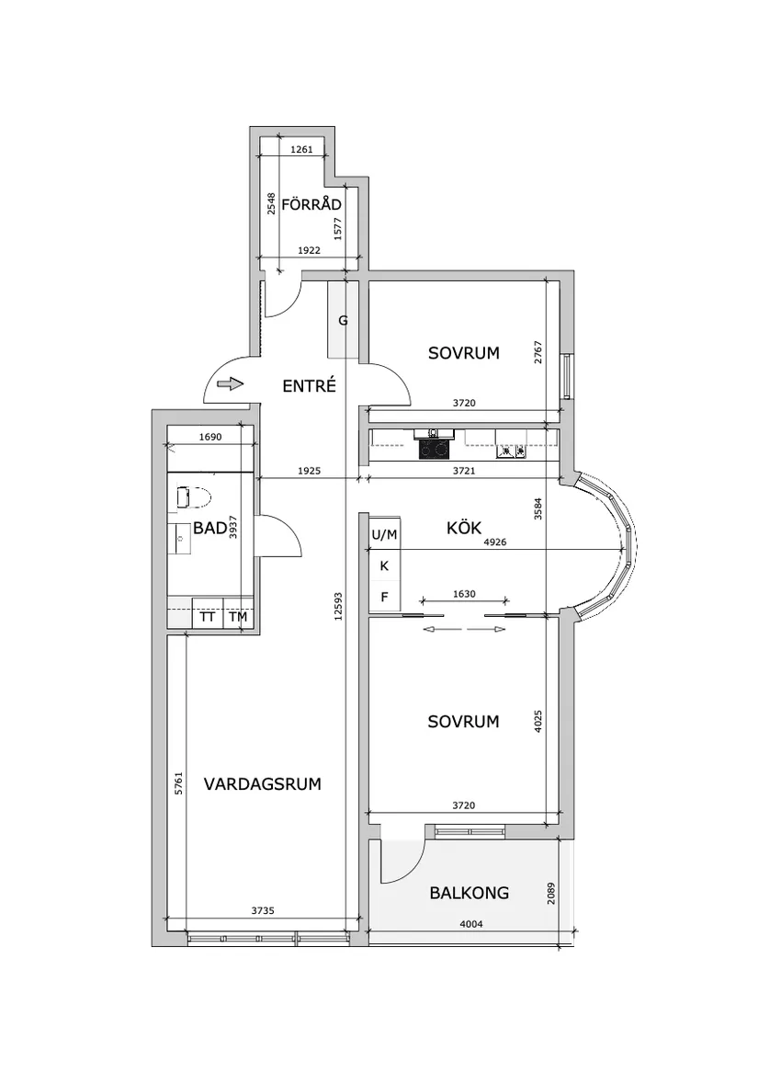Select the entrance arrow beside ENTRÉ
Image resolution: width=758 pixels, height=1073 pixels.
click(231, 383)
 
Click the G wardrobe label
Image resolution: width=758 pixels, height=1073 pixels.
click(343, 321)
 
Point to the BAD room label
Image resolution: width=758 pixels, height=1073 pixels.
click(209, 528)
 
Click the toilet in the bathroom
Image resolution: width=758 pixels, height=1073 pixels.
click(193, 497)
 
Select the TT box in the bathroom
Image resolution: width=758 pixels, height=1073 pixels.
click(208, 617)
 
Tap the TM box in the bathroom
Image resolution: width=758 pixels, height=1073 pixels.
click(238, 617)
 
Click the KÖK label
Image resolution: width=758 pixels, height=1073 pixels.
click(465, 528)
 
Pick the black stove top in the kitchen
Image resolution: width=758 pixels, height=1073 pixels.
click(434, 449)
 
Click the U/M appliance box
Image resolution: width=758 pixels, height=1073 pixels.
click(384, 534)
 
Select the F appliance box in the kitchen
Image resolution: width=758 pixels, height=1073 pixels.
click(384, 597)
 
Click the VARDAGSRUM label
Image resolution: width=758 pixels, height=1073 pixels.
click(262, 784)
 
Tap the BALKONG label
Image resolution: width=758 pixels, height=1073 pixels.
click(469, 892)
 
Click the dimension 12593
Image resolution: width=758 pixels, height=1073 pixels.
click(339, 608)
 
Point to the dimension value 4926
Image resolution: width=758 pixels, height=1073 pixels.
click(497, 542)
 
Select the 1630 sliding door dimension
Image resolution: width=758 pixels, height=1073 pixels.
click(464, 594)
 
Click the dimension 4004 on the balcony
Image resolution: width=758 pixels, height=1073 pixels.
click(470, 925)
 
